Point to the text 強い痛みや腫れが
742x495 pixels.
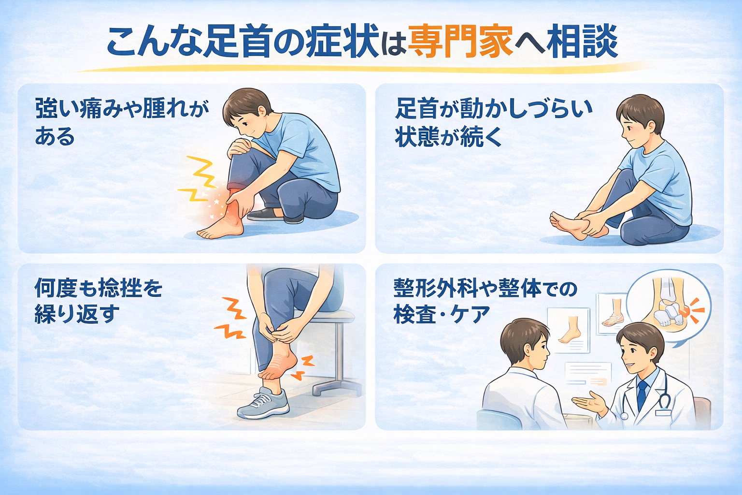click(x=122, y=109)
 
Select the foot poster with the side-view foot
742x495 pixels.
click(x=569, y=330)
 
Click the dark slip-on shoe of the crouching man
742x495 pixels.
click(x=265, y=215)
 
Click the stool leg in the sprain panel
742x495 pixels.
click(x=339, y=355)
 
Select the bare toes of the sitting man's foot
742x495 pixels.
click(x=557, y=219)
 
